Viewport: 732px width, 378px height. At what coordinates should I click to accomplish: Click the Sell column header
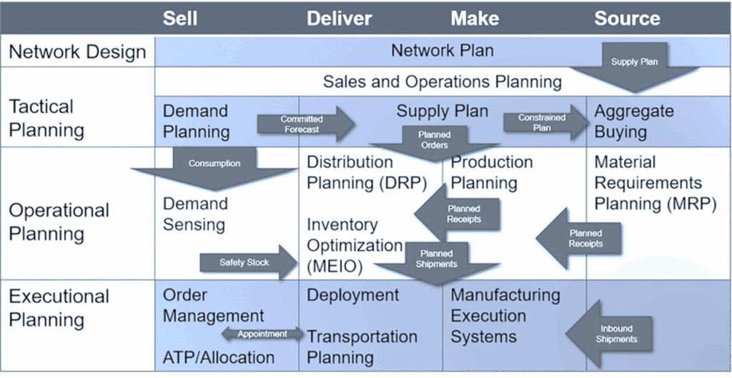tap(179, 18)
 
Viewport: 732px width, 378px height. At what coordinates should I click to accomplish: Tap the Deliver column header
tap(339, 18)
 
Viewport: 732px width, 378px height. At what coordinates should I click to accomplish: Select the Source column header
tap(627, 18)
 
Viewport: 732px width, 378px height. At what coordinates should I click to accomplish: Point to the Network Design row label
tap(77, 52)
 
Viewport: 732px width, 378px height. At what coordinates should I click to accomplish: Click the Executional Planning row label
tap(59, 307)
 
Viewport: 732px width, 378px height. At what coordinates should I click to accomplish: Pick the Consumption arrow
tap(214, 165)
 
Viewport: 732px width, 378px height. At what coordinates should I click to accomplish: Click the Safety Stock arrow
tap(247, 262)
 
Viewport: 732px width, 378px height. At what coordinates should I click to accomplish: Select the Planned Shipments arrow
tap(436, 259)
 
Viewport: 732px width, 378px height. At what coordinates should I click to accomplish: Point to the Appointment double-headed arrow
tap(262, 334)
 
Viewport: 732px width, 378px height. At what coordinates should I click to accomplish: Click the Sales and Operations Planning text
tap(442, 81)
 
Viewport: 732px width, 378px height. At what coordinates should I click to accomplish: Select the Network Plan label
tap(442, 51)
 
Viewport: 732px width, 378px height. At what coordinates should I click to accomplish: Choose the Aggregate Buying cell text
tap(633, 121)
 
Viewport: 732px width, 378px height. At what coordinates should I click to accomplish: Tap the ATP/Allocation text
tap(219, 357)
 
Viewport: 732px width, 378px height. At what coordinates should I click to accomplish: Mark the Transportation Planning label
tap(362, 347)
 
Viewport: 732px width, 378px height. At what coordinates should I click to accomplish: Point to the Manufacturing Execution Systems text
tap(505, 315)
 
